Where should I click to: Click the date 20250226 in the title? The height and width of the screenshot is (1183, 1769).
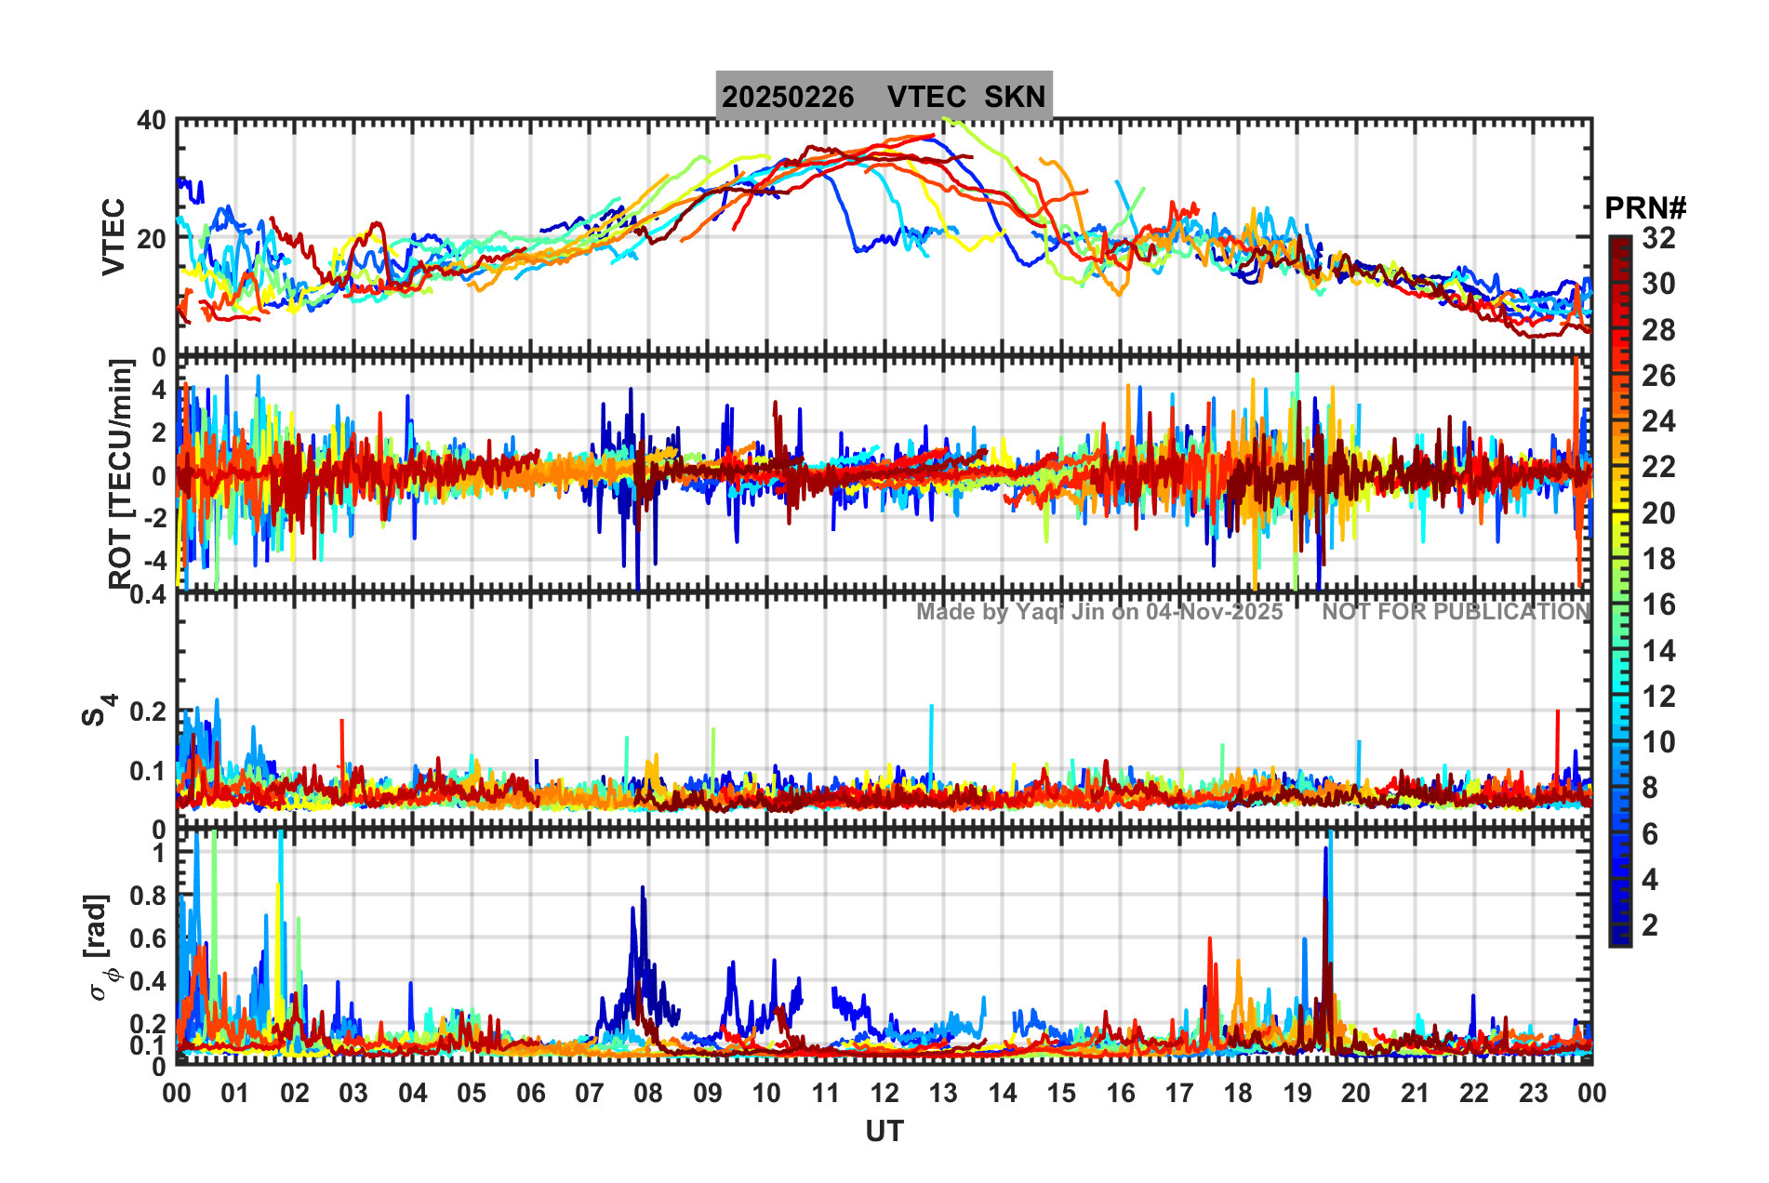[788, 97]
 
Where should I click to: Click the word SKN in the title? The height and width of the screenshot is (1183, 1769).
[1015, 97]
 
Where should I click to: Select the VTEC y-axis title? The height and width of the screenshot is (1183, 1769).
[113, 237]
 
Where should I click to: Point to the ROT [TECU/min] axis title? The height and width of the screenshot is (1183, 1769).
[120, 473]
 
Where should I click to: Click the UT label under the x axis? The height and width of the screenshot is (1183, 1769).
[884, 1132]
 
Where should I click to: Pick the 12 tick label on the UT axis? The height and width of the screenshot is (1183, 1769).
[884, 1094]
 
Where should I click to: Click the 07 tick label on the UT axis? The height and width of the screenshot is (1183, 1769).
[589, 1094]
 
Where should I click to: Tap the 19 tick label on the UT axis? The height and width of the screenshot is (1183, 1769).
[1297, 1094]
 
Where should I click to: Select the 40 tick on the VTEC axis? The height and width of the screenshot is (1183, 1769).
[152, 121]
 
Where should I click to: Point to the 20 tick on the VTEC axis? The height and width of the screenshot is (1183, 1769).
[152, 238]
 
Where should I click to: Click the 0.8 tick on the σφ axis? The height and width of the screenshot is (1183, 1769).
[146, 896]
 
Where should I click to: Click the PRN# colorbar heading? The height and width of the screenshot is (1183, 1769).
[1645, 208]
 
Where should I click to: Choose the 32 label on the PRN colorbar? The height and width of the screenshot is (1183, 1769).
[1658, 238]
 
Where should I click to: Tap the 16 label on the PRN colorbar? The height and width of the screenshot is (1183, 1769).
[1658, 605]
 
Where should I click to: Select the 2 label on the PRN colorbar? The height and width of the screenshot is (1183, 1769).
[1650, 925]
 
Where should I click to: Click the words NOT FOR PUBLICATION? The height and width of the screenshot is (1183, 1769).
[1456, 612]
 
